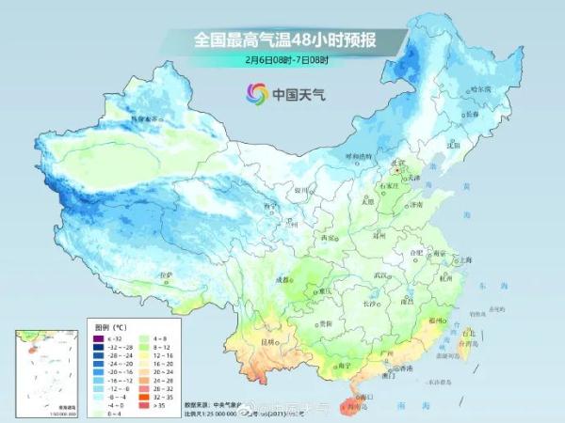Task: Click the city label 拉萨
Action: pyautogui.click(x=167, y=275)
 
